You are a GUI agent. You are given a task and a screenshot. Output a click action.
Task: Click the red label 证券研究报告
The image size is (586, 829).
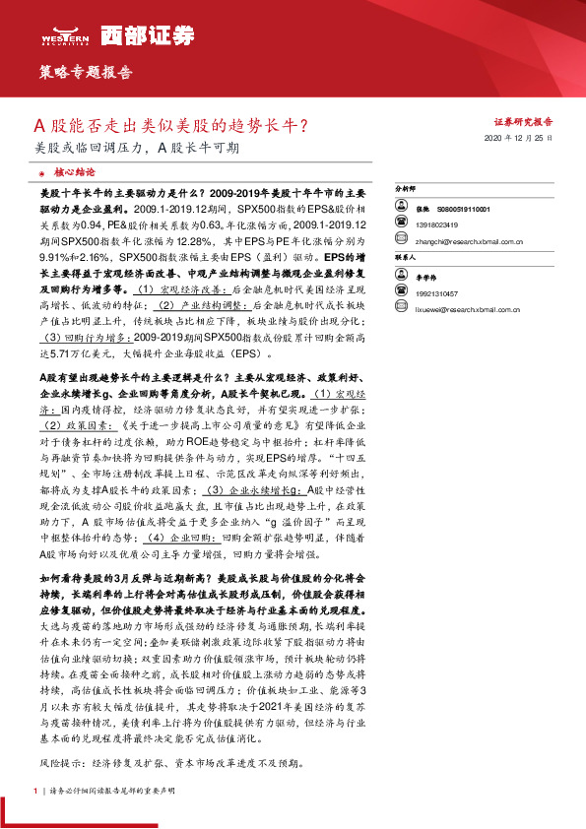click(522, 122)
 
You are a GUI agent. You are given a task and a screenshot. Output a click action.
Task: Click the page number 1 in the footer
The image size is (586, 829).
click(36, 791)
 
